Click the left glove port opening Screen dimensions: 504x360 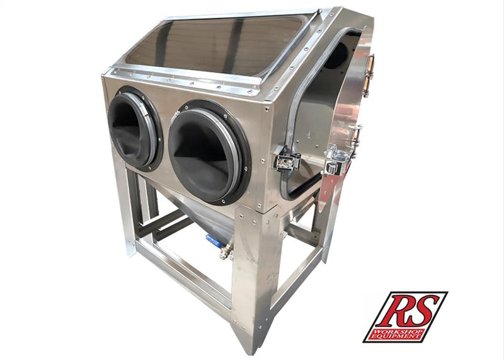pos(135,129)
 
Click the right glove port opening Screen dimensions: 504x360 pos(209,152)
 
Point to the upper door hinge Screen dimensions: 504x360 pos(369,75)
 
